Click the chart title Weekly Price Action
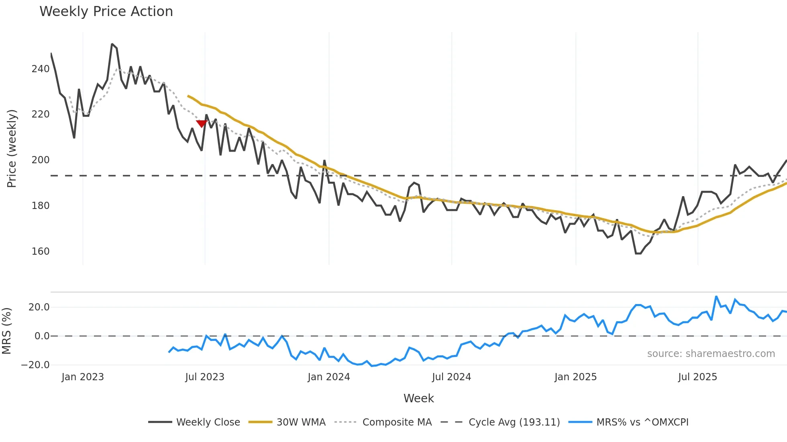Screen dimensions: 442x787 [106, 12]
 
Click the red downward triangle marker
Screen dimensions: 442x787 [201, 124]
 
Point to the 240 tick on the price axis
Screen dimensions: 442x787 [41, 69]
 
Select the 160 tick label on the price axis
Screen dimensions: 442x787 [41, 251]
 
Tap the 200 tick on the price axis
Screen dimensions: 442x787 [41, 160]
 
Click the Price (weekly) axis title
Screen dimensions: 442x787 [12, 148]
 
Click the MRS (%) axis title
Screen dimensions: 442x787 [7, 331]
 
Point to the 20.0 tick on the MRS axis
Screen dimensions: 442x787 [39, 307]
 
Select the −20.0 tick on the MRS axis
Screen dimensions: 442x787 [35, 365]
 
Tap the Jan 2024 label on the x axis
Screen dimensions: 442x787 [329, 377]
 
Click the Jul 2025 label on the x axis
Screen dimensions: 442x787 [697, 377]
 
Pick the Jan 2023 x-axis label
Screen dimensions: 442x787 [83, 377]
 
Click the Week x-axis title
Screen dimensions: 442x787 [418, 398]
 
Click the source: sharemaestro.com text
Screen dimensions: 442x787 [711, 354]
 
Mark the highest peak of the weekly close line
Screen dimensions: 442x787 [112, 44]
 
